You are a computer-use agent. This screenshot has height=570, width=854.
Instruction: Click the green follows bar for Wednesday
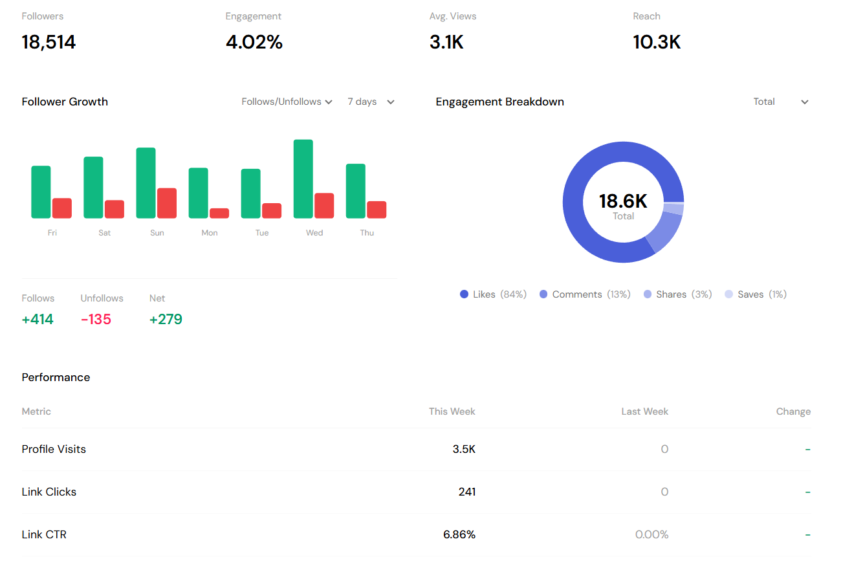(x=303, y=179)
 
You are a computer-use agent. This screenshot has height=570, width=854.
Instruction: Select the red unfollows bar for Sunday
(x=167, y=203)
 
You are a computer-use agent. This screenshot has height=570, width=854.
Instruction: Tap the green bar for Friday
(x=41, y=192)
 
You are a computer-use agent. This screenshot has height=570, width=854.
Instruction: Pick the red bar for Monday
(x=219, y=214)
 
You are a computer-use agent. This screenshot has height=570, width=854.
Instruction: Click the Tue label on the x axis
(x=262, y=233)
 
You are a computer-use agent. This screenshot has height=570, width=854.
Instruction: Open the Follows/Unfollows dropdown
(x=287, y=102)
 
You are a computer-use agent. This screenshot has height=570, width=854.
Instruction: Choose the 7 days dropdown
(x=371, y=102)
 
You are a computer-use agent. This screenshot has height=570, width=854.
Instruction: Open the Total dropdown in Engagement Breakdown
(x=781, y=102)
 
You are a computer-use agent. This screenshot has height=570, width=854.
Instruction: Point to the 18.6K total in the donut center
(x=623, y=201)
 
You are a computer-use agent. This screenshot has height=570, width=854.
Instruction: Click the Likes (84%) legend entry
(x=493, y=294)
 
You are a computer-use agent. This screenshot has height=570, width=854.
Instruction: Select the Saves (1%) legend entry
(x=756, y=294)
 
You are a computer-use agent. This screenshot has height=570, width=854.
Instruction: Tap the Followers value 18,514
(x=49, y=43)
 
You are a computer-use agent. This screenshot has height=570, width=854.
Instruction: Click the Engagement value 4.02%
(x=254, y=43)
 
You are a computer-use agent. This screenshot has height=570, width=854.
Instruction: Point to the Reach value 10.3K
(x=657, y=43)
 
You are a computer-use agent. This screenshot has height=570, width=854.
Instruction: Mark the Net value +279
(x=166, y=320)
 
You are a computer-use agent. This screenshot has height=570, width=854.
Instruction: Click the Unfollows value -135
(x=96, y=320)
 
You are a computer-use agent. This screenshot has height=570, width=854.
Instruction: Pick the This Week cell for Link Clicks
(x=466, y=492)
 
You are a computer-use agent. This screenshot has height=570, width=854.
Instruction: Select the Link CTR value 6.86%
(x=459, y=534)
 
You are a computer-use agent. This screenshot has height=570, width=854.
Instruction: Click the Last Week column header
(x=644, y=411)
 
